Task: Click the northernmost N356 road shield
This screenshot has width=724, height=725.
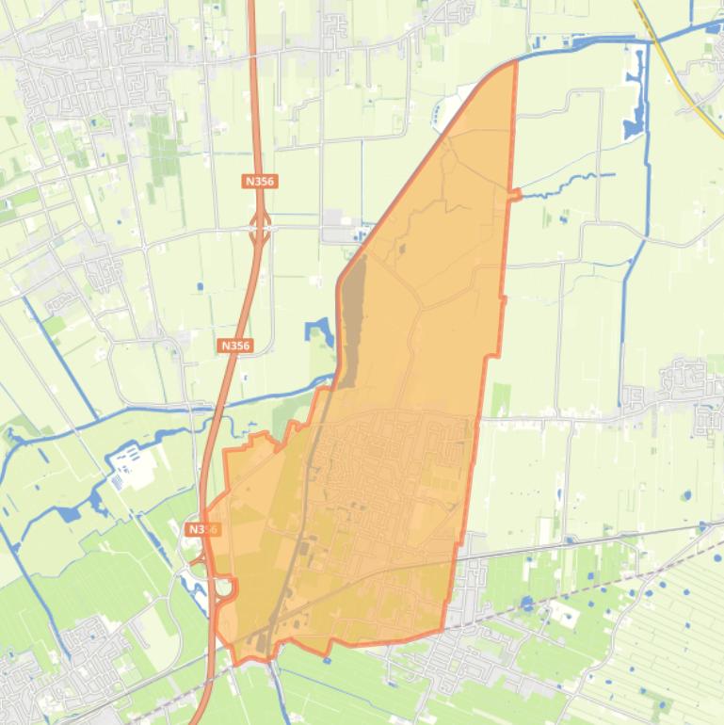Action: point(260,181)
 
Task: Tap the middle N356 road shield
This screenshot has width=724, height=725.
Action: point(234,346)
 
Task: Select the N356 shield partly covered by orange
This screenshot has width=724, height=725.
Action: point(201,529)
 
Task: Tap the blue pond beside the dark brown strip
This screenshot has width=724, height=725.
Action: point(317,331)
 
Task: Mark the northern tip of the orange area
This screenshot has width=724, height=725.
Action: point(514,63)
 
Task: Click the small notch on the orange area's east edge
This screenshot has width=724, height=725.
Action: point(516,194)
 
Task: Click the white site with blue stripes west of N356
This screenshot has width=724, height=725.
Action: point(126,465)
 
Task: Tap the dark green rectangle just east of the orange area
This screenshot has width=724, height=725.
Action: point(499,399)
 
